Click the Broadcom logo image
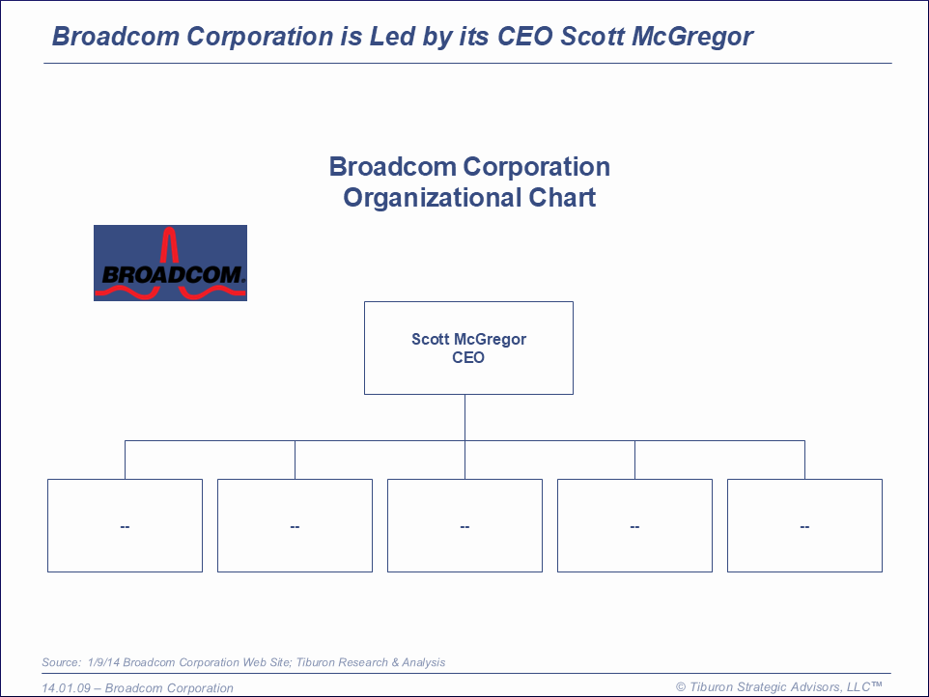click(x=170, y=263)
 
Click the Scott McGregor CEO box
click(x=468, y=348)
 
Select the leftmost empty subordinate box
click(x=125, y=526)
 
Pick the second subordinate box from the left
click(x=296, y=526)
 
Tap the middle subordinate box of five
click(x=465, y=526)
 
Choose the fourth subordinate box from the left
click(x=634, y=526)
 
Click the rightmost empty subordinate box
click(x=804, y=526)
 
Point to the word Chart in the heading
click(x=562, y=197)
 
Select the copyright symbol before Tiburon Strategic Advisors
click(x=681, y=687)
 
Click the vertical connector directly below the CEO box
click(x=465, y=417)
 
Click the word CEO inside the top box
click(x=468, y=358)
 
